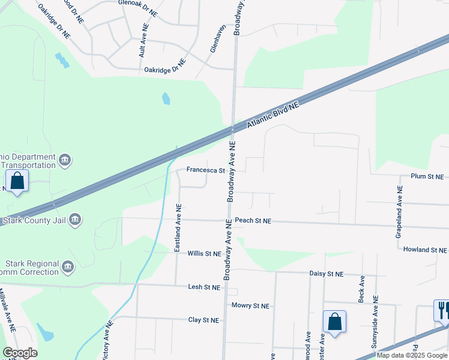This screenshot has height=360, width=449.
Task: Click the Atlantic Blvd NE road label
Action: pyautogui.click(x=273, y=115)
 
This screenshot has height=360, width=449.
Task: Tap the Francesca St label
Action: pyautogui.click(x=205, y=170)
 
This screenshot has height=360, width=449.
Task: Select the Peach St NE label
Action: pyautogui.click(x=253, y=221)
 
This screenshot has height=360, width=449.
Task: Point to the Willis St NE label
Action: pyautogui.click(x=204, y=254)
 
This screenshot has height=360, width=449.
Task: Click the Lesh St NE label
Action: pyautogui.click(x=204, y=287)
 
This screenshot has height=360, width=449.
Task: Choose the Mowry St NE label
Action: pyautogui.click(x=250, y=306)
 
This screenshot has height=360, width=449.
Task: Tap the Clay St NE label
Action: pyautogui.click(x=203, y=320)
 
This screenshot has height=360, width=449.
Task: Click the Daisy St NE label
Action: pyautogui.click(x=327, y=274)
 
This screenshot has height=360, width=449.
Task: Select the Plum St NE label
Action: pyautogui.click(x=427, y=177)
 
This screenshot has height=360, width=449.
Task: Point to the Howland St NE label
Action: pyautogui.click(x=425, y=250)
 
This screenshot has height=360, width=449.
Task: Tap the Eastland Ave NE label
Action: pyautogui.click(x=178, y=228)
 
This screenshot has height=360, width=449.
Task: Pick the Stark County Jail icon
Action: pyautogui.click(x=74, y=220)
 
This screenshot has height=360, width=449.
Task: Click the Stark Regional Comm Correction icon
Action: pyautogui.click(x=67, y=266)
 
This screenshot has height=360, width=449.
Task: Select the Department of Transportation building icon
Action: pyautogui.click(x=65, y=160)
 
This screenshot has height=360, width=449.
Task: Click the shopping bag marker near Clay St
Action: pyautogui.click(x=334, y=321)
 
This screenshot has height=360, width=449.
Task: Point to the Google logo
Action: pyautogui.click(x=20, y=353)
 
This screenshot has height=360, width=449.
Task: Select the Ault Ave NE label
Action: pyautogui.click(x=143, y=41)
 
